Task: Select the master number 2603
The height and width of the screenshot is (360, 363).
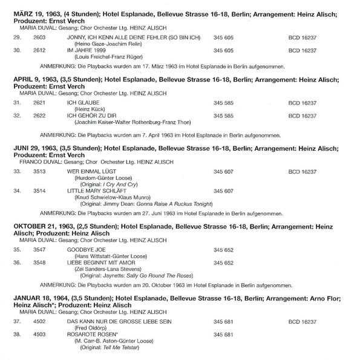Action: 39,36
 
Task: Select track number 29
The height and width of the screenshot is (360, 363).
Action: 17,36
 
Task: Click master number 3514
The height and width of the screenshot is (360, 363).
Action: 39,191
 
